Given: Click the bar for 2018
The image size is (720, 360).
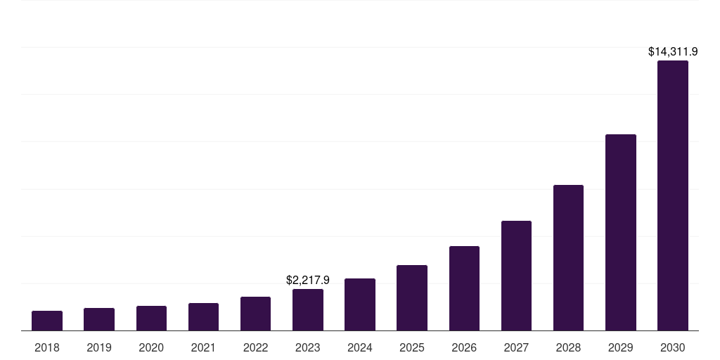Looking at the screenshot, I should pos(47,321).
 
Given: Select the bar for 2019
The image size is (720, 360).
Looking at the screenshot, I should pos(99,319).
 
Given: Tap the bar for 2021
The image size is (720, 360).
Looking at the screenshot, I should pos(203,317).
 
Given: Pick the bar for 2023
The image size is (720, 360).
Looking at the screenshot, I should pos(308,310).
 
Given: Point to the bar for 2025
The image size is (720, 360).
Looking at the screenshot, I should pos(412,298).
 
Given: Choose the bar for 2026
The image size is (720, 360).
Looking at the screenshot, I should pos(464,288).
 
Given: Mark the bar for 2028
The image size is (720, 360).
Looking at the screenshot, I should pos(568,258).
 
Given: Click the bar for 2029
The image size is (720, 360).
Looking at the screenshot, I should pos(621,233).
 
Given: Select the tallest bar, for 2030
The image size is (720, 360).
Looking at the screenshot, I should pos(673,195).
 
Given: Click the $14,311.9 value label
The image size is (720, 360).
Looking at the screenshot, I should pos(672,51).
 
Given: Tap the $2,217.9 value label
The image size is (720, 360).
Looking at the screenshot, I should pos(308,280).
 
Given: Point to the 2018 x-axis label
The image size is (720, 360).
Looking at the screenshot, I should pos(47,347).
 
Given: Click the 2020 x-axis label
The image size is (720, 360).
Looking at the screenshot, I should pos(151,347).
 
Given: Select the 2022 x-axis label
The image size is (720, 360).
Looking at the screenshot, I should pos(255,347).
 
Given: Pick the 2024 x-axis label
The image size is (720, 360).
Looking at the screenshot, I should pos(360,347).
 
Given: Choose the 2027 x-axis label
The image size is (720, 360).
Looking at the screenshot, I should pos(516,347).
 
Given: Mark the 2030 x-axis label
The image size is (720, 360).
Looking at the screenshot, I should pos(673,347).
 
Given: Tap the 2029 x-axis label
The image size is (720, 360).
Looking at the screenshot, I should pos(621,347).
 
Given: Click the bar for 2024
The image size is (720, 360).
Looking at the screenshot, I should pos(360,304).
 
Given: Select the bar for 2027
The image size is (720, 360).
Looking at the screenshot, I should pos(516,276).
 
